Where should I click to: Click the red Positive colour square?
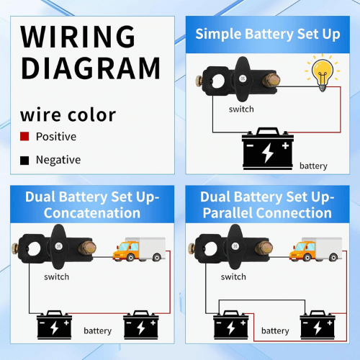click(x=24, y=136)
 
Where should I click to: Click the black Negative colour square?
click(x=24, y=161)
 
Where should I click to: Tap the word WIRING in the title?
click(x=78, y=37)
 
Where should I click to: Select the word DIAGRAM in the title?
click(x=91, y=68)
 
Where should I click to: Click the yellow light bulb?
click(x=323, y=73)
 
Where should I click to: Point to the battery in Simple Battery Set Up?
click(x=268, y=148)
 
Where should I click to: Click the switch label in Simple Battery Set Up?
click(x=241, y=109)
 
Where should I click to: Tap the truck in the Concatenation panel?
click(x=139, y=249)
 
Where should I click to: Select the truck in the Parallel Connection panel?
click(x=315, y=249)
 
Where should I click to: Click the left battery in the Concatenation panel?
click(x=54, y=325)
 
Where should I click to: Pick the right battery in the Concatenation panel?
click(x=141, y=325)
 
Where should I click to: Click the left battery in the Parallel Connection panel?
click(x=231, y=325)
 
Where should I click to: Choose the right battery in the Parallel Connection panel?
click(x=318, y=325)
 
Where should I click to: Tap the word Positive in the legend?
click(x=56, y=137)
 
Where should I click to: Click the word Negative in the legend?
click(x=58, y=160)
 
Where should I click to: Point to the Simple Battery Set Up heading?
click(x=268, y=34)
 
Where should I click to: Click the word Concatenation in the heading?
click(x=92, y=213)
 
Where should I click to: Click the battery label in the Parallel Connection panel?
click(x=275, y=330)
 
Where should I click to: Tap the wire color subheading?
click(x=68, y=115)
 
